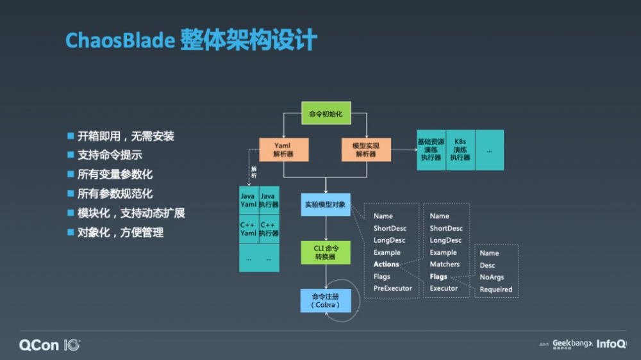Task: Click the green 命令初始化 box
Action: (326, 114)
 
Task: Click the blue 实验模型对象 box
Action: (326, 205)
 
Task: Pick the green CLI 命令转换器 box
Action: (326, 252)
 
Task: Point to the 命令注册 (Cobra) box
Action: (326, 300)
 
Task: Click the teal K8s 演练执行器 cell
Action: (460, 149)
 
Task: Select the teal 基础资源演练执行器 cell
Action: (431, 149)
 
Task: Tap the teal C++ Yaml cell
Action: (248, 229)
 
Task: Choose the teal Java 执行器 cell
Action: (269, 200)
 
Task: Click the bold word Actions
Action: (387, 265)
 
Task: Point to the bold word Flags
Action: (438, 277)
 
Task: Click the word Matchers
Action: (445, 265)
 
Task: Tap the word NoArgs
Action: (492, 277)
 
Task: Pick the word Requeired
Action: (496, 290)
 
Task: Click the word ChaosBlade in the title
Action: (120, 40)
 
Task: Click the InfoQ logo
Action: (612, 344)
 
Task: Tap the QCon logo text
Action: (40, 345)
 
